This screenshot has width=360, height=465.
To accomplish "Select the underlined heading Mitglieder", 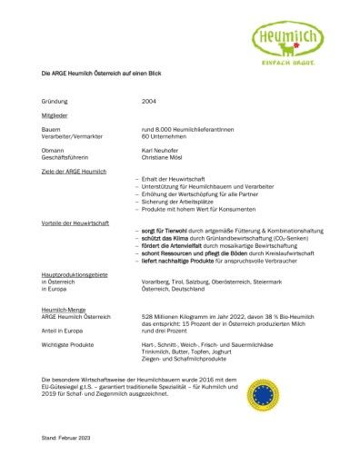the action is coord(55,116).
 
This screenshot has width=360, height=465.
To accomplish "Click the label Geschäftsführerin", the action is coord(65,156).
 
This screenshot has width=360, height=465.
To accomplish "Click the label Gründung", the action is coord(56,103).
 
